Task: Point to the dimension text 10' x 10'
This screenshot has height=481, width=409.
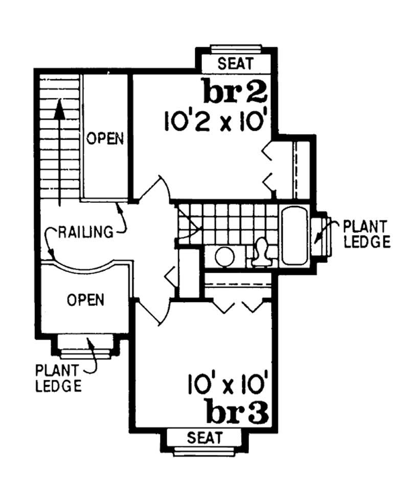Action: (x=228, y=384)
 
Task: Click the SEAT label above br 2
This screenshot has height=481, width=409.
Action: (x=236, y=64)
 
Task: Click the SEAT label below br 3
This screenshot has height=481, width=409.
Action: (x=204, y=438)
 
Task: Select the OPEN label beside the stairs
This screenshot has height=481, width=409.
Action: (x=105, y=138)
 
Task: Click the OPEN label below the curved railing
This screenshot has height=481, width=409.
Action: (x=86, y=299)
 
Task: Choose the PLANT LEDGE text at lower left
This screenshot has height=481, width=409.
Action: (x=58, y=377)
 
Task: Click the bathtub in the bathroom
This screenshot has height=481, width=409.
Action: (x=293, y=236)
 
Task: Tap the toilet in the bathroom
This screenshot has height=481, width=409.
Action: (x=262, y=252)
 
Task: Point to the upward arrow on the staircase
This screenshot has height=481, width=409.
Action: (x=60, y=154)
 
